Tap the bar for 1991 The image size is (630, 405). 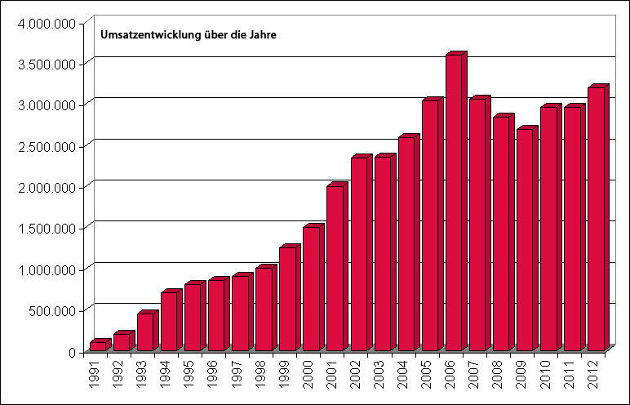click(98, 345)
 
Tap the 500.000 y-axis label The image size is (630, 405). click(55, 310)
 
